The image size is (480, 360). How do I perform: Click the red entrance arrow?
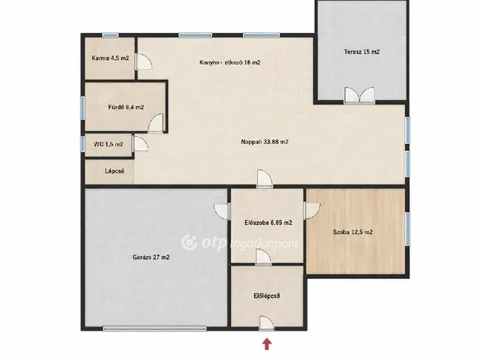tap(267, 343)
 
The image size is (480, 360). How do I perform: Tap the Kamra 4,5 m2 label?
tap(110, 58)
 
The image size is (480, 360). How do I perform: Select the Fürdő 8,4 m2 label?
tap(126, 107)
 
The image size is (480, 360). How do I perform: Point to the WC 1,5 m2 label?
tap(108, 144)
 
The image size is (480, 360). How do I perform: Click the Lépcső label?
tap(115, 171)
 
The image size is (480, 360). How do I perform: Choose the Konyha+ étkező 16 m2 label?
tap(230, 62)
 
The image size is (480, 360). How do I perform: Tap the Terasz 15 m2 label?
tap(361, 52)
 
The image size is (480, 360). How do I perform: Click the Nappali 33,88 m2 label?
tap(265, 142)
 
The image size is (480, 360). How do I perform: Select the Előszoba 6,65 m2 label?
tap(268, 223)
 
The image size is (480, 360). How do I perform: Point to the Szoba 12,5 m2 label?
tap(352, 232)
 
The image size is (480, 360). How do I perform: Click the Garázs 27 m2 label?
tap(151, 257)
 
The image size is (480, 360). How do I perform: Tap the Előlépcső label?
tap(267, 296)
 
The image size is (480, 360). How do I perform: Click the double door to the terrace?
tap(359, 95)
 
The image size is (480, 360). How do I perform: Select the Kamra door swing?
tap(143, 61)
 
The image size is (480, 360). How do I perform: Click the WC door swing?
tap(140, 144)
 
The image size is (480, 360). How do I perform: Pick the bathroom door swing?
tap(156, 123)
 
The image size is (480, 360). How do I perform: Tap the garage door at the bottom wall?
tap(154, 328)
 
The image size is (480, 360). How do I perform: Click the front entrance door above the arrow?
tap(267, 323)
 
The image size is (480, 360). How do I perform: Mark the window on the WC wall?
tap(82, 143)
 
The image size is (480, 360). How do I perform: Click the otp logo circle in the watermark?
tap(189, 242)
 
